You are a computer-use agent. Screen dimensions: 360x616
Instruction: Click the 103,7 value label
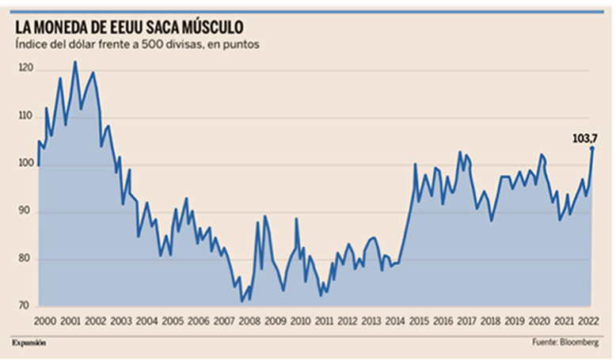584,138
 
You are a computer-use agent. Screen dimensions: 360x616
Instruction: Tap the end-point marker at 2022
592,148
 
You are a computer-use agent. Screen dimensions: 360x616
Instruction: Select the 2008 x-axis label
249,321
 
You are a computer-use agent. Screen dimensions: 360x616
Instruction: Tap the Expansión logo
29,342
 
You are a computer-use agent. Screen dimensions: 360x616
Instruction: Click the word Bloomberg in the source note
580,342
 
